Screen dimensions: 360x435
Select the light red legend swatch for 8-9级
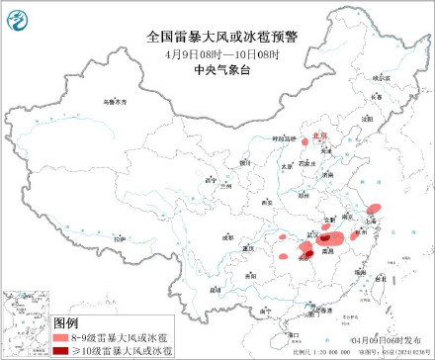coord(66,338)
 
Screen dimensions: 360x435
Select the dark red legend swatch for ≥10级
coord(66,350)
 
